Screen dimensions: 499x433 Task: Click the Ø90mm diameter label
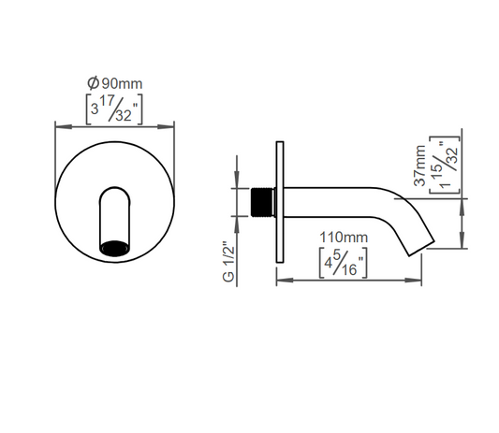point(115,83)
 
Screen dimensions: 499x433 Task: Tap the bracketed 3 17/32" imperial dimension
point(114,109)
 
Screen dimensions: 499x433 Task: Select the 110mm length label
point(344,238)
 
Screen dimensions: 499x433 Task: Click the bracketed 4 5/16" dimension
point(344,263)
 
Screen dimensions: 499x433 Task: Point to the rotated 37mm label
point(419,166)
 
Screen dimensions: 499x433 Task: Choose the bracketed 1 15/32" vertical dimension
point(445,165)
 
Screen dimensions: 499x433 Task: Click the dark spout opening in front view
point(114,248)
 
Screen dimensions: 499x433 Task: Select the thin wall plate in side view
point(280,202)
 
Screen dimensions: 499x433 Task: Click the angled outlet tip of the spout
point(421,248)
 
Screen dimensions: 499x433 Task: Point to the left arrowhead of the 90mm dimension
point(64,127)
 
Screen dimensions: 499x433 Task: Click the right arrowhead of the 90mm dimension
point(166,127)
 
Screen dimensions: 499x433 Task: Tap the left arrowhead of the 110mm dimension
point(285,280)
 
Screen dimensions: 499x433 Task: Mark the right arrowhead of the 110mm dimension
point(414,280)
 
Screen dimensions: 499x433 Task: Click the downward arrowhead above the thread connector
point(237,180)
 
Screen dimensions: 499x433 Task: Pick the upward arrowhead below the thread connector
point(237,224)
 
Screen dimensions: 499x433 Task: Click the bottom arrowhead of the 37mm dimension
point(462,240)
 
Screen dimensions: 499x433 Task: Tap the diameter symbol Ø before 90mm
point(94,83)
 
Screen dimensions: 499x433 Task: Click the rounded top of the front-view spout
point(115,189)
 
